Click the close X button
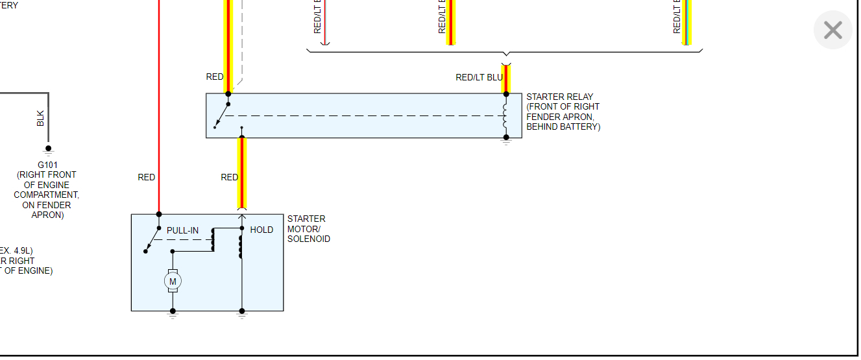832,30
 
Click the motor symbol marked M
173,281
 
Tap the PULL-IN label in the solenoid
182,230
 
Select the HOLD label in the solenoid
261,230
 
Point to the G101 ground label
48,165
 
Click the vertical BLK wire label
41,118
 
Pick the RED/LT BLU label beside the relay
479,77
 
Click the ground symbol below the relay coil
506,140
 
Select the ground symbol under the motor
173,314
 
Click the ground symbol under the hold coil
242,314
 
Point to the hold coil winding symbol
241,247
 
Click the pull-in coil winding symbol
212,241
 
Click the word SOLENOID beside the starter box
309,239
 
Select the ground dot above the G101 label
48,149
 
